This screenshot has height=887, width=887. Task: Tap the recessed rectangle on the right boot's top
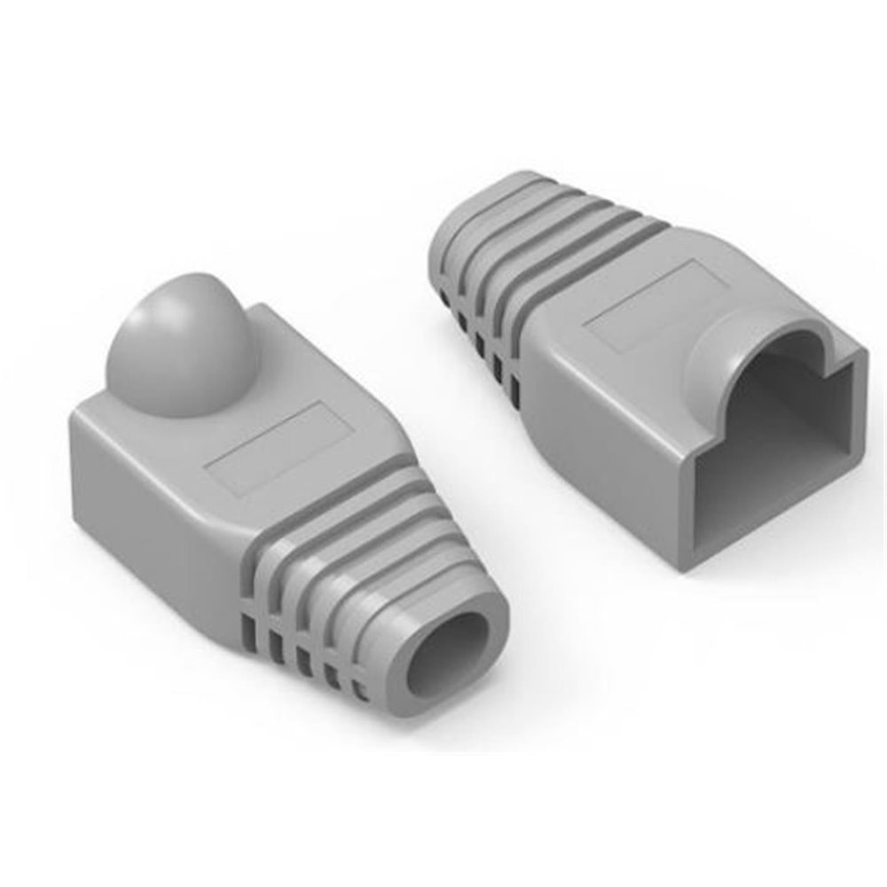coord(652,302)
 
